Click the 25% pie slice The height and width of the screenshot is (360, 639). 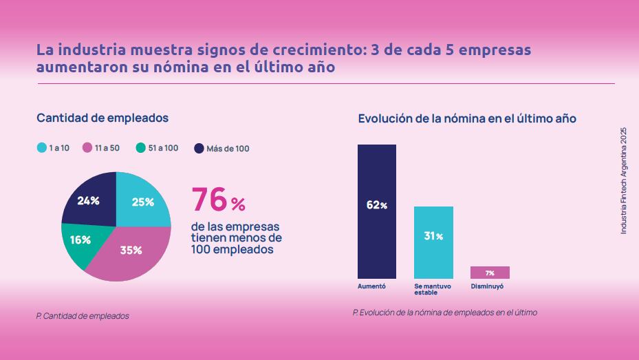(x=143, y=200)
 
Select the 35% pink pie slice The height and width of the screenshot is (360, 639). (x=131, y=251)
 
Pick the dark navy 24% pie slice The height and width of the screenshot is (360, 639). (x=89, y=200)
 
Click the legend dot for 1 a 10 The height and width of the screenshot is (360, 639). (x=41, y=148)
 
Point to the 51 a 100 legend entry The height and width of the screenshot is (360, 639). (x=158, y=148)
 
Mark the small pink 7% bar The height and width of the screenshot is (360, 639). (x=490, y=273)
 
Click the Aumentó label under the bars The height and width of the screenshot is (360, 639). (x=372, y=286)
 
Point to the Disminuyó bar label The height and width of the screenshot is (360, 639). (x=487, y=286)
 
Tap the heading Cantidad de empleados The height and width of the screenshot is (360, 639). (x=102, y=118)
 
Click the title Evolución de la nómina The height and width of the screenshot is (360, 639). (x=467, y=118)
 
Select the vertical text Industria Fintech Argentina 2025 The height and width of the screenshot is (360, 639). (x=623, y=181)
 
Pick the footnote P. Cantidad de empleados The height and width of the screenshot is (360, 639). (x=83, y=316)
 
